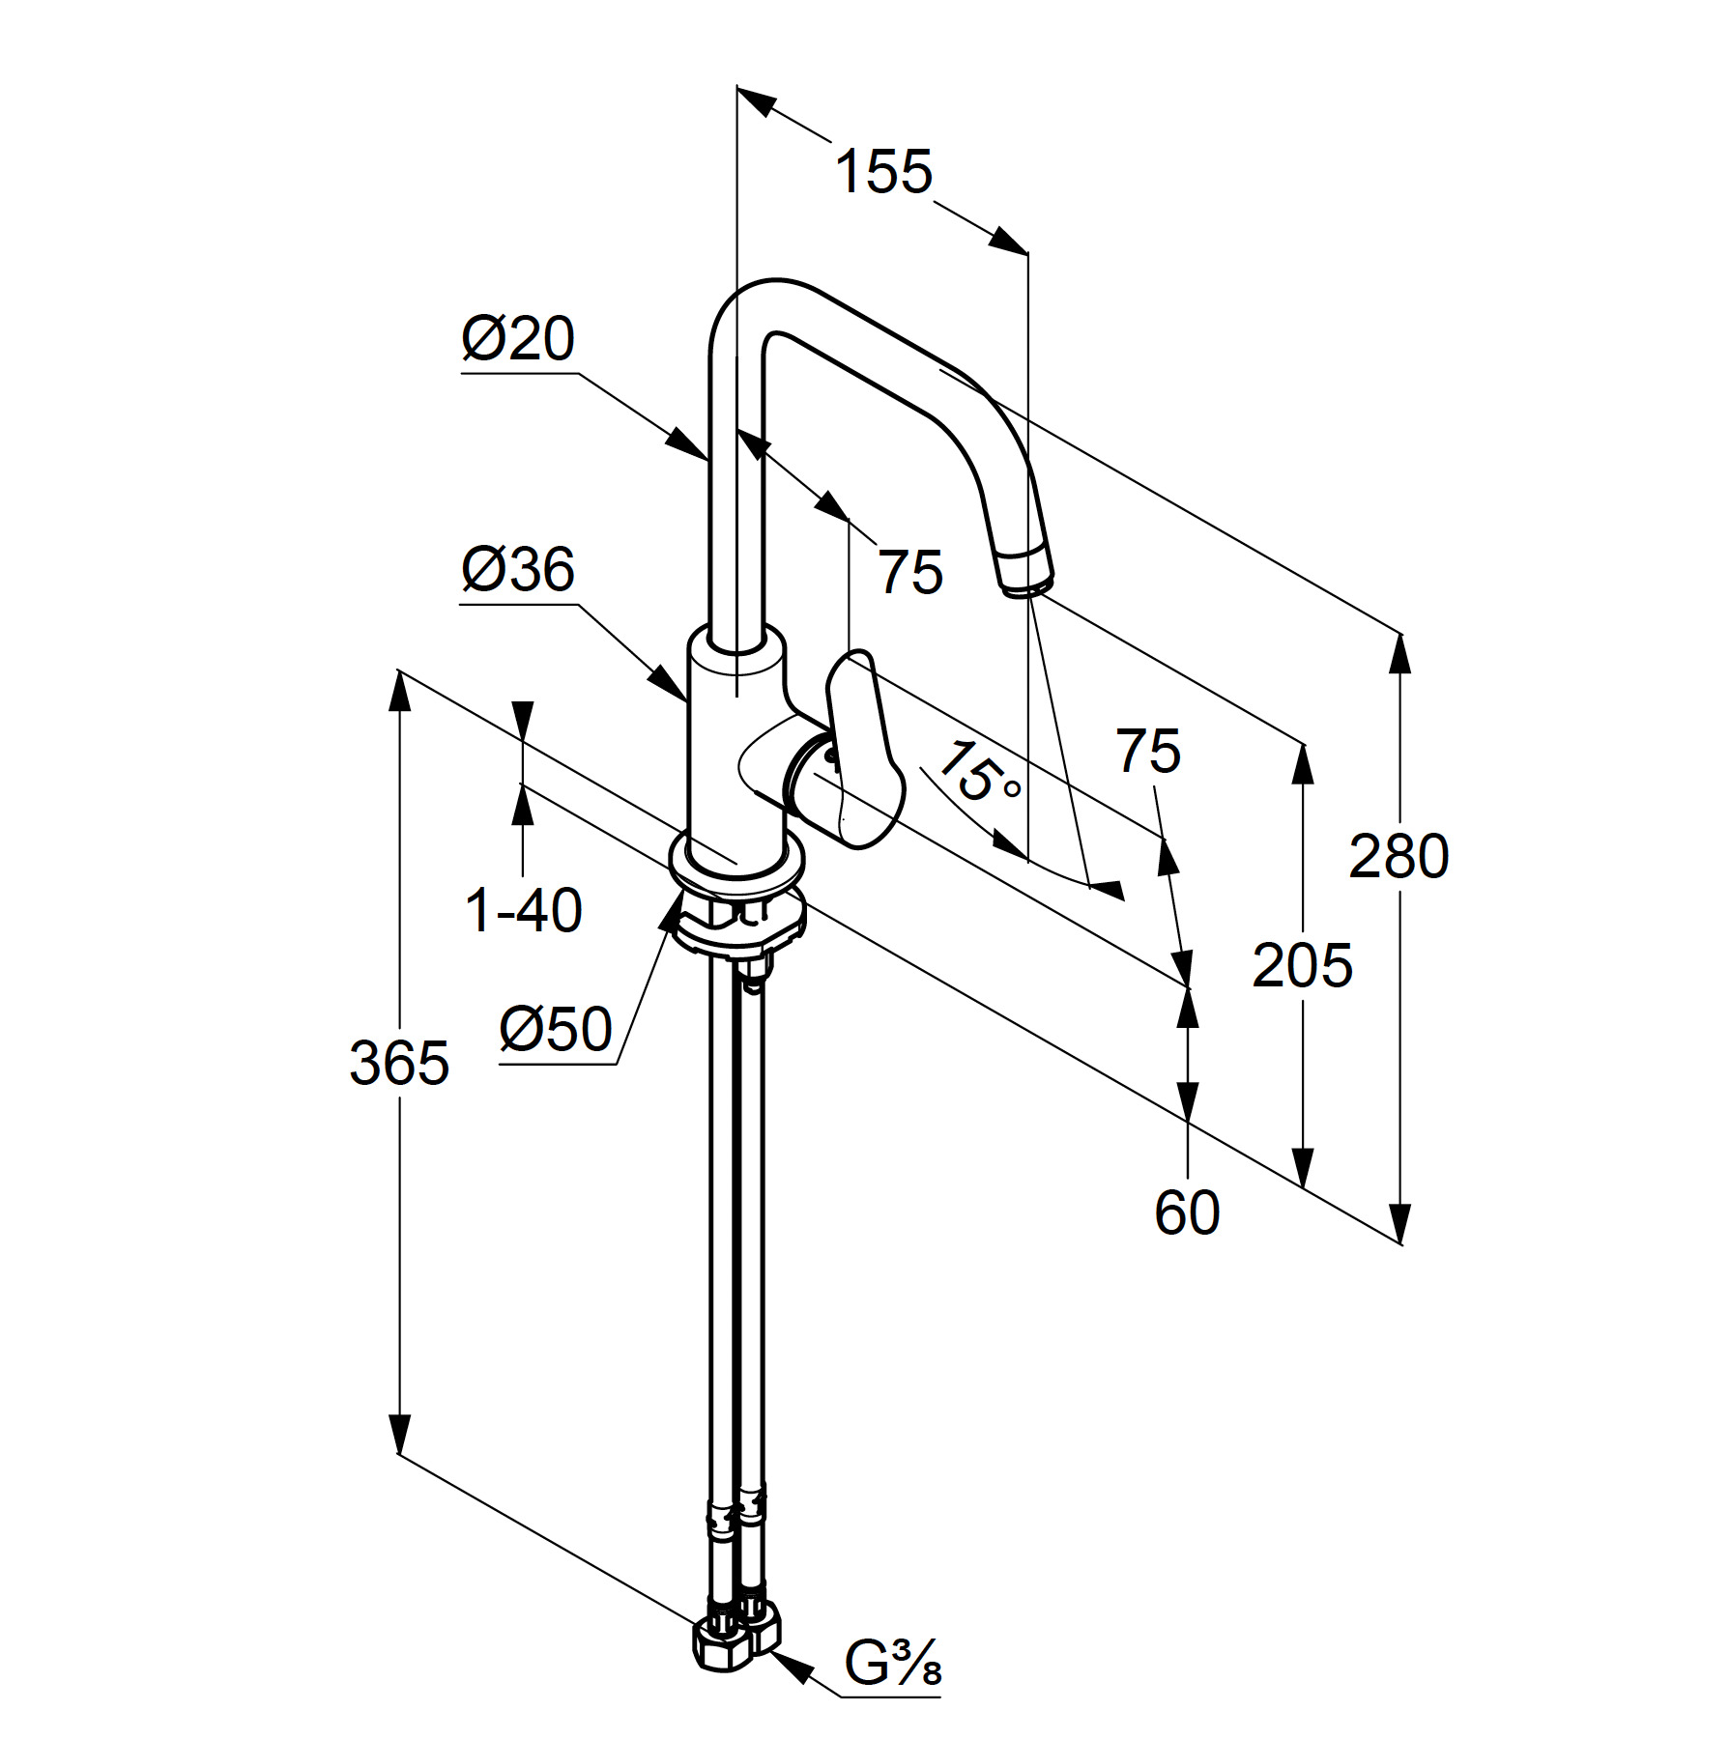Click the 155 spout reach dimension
[883, 173]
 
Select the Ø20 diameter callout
[518, 338]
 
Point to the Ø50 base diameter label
[556, 1028]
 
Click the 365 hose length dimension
[399, 1063]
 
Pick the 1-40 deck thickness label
[524, 910]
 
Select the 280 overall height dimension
[1398, 856]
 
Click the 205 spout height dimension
[1302, 965]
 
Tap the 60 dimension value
[1187, 1212]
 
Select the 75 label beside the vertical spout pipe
[910, 571]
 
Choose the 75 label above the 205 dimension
[1148, 751]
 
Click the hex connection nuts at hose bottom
[736, 1637]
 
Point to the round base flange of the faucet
[735, 870]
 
